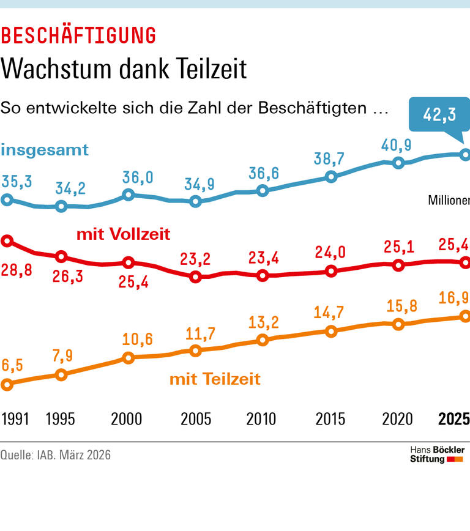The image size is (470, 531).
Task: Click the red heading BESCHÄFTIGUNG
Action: (x=78, y=35)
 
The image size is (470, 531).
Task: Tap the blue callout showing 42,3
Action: (x=439, y=114)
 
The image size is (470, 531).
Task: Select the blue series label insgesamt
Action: (x=45, y=149)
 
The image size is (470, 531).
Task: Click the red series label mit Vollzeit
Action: (x=123, y=234)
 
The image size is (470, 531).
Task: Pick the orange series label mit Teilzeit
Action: (x=215, y=379)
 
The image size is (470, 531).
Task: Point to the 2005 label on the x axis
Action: (x=196, y=419)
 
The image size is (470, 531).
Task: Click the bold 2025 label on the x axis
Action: (x=453, y=419)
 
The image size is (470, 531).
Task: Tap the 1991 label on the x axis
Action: (x=15, y=419)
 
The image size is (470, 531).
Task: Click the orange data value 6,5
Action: (x=12, y=365)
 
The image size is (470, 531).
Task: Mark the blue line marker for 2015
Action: (x=331, y=177)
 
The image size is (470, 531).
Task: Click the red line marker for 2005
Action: (x=196, y=277)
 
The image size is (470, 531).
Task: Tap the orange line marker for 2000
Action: (x=129, y=358)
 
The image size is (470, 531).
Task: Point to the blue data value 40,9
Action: (x=398, y=146)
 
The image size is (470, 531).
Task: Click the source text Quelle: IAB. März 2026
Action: (x=56, y=455)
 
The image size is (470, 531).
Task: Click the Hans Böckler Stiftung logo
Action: (x=437, y=455)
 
